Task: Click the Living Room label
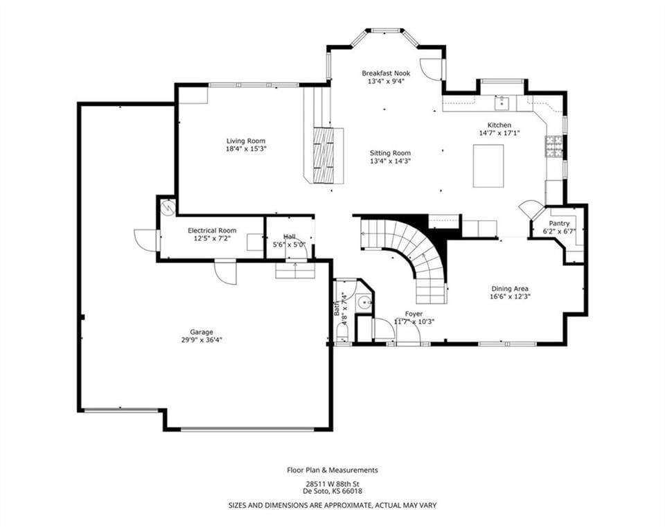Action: coord(245,141)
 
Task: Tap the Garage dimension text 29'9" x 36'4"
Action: coord(202,339)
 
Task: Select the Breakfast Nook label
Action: coord(386,73)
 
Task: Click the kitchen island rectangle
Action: coord(488,166)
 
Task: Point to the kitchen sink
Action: coord(502,103)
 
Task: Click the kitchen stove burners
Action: coord(554,146)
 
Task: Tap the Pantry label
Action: coord(560,224)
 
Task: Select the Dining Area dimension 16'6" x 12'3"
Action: coord(511,296)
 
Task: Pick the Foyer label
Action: coord(414,314)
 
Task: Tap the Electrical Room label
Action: coord(212,231)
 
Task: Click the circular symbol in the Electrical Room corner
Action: coord(168,206)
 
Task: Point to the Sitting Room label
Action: coord(390,153)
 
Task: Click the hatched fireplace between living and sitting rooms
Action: coord(323,155)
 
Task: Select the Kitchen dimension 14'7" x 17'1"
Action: coord(499,133)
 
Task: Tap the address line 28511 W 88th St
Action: coord(332,484)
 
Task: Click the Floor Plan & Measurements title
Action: coord(332,470)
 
